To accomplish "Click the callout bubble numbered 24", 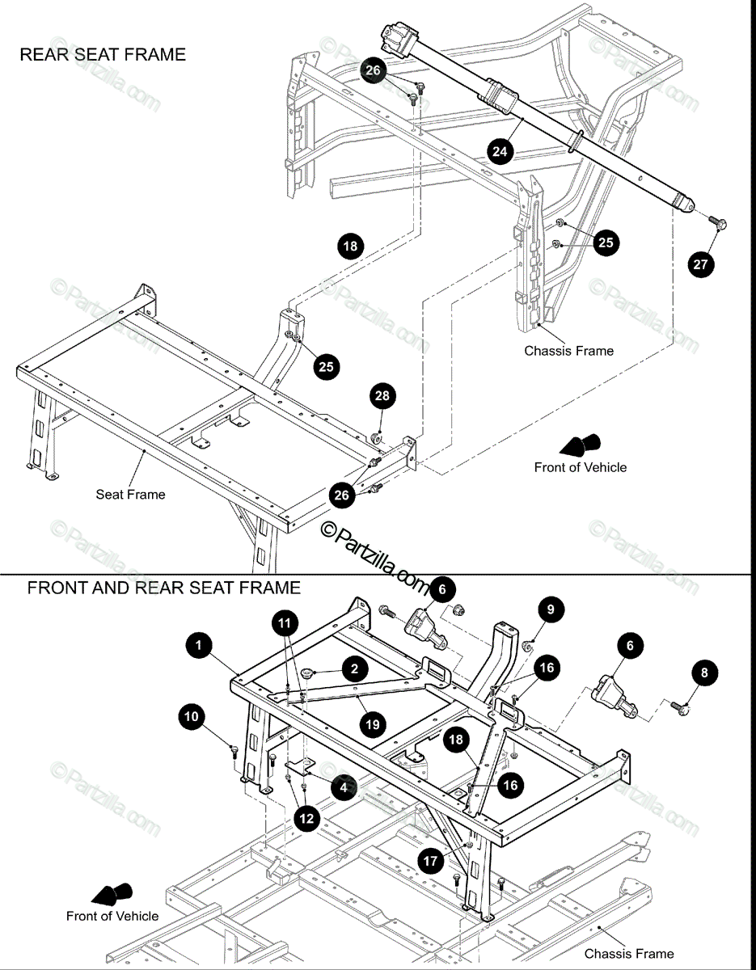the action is pyautogui.click(x=500, y=152).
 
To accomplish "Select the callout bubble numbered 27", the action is pyautogui.click(x=701, y=264).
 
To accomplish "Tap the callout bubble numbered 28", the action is pyautogui.click(x=382, y=396).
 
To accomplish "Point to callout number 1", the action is pyautogui.click(x=199, y=644).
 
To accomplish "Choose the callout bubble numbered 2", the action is pyautogui.click(x=355, y=668).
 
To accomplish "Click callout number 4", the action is pyautogui.click(x=344, y=787).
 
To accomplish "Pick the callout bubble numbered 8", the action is pyautogui.click(x=704, y=673).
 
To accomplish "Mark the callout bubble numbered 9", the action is pyautogui.click(x=551, y=609).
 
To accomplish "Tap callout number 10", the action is pyautogui.click(x=191, y=717).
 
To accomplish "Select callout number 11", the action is pyautogui.click(x=285, y=623).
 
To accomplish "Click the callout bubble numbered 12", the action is pyautogui.click(x=306, y=819).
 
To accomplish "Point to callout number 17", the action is pyautogui.click(x=430, y=861).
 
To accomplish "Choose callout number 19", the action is pyautogui.click(x=373, y=724).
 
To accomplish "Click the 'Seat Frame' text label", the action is pyautogui.click(x=130, y=494).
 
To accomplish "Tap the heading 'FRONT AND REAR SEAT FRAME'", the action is pyautogui.click(x=164, y=588).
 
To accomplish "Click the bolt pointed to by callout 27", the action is pyautogui.click(x=718, y=222).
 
